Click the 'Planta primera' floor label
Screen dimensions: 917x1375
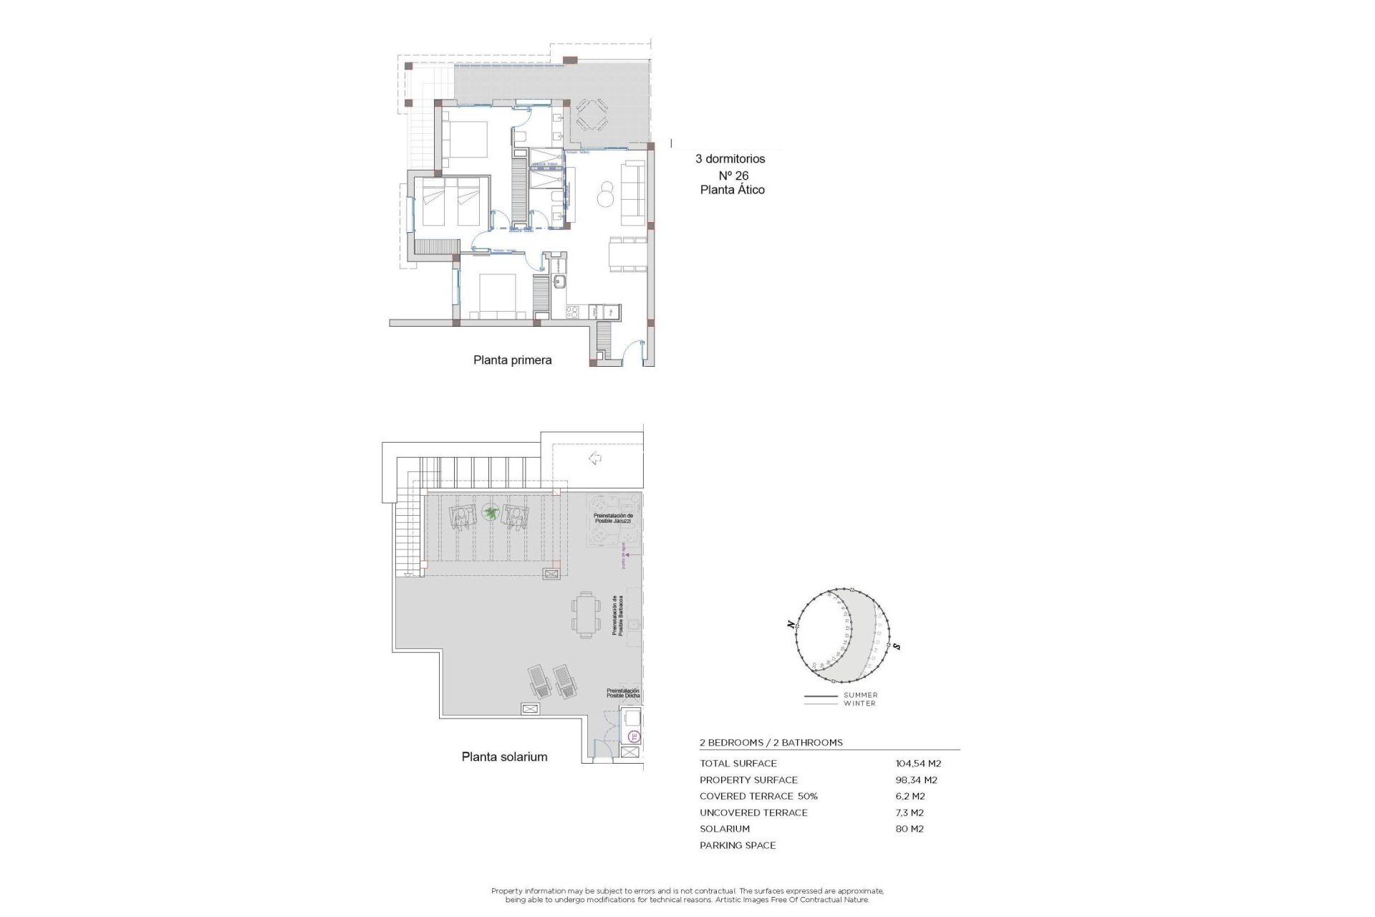512,360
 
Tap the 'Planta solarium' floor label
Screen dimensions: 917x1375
504,757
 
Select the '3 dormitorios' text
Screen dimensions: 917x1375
730,159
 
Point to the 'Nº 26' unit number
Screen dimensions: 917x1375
733,176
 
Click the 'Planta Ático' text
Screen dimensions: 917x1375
732,190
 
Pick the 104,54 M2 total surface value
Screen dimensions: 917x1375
918,764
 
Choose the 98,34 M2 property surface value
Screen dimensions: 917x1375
916,780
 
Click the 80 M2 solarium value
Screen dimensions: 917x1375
910,829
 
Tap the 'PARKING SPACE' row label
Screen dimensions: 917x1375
738,845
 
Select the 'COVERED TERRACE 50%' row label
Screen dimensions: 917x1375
758,797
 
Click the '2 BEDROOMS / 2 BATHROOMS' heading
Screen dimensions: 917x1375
771,743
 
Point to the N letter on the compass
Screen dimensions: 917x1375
791,625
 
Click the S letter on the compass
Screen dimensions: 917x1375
897,647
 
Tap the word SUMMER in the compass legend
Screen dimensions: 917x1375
860,695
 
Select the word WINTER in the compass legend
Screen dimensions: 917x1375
859,704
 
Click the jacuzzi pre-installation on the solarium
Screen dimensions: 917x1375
613,519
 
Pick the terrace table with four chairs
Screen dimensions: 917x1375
592,115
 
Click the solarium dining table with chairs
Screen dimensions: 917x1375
586,615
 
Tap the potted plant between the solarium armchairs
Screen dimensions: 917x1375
491,512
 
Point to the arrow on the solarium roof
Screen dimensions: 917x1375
594,458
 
